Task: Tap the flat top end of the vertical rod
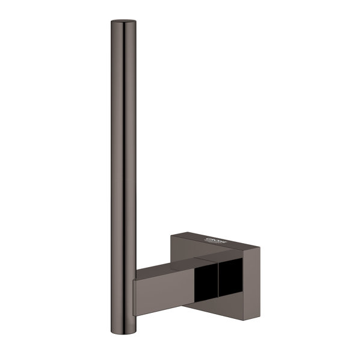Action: (119, 23)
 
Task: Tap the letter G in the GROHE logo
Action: (209, 239)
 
